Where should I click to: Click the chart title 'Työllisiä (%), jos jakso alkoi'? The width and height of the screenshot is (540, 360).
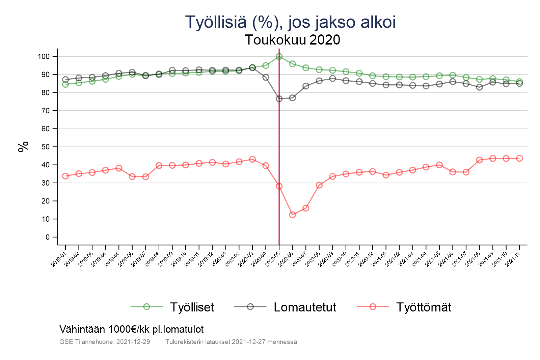[x=290, y=22]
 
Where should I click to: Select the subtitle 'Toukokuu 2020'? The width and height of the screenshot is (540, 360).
[x=292, y=40]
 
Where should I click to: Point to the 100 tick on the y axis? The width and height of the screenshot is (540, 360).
[x=44, y=57]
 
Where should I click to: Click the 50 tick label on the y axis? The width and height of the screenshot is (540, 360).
[x=45, y=147]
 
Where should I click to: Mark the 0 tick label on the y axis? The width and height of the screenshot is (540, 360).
[x=47, y=237]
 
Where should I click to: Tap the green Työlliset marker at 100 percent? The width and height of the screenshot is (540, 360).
[x=279, y=56]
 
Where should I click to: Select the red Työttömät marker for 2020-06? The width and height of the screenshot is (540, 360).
[x=292, y=215]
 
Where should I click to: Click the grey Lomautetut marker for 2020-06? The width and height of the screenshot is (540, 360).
[x=292, y=98]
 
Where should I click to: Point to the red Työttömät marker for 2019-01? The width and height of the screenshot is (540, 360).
[x=65, y=176]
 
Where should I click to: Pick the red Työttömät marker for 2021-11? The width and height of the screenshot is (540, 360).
[x=519, y=158]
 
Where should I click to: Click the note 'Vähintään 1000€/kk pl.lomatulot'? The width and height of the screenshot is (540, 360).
[x=132, y=329]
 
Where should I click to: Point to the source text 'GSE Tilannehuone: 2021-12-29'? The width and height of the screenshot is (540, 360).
[x=105, y=342]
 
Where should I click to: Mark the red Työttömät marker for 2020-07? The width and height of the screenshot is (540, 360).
[x=306, y=208]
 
